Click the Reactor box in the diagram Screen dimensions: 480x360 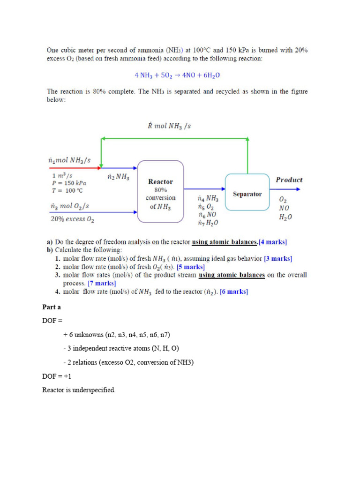pos(160,191)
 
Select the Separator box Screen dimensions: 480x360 pos(247,193)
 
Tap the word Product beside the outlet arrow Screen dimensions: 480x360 pos(289,180)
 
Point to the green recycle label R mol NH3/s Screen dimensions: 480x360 pos(169,126)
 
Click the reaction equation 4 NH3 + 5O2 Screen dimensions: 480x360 pos(177,75)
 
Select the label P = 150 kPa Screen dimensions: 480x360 pos(69,183)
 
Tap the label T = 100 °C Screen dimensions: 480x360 pos(68,190)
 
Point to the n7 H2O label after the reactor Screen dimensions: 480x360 pos(208,222)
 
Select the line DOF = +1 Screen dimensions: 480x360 pos(57,376)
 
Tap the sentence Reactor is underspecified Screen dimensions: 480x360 pos(78,390)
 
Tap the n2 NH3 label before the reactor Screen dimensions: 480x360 pos(119,177)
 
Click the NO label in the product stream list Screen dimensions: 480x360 pos(284,208)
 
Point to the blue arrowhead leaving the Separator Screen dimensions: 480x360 pos(297,189)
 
